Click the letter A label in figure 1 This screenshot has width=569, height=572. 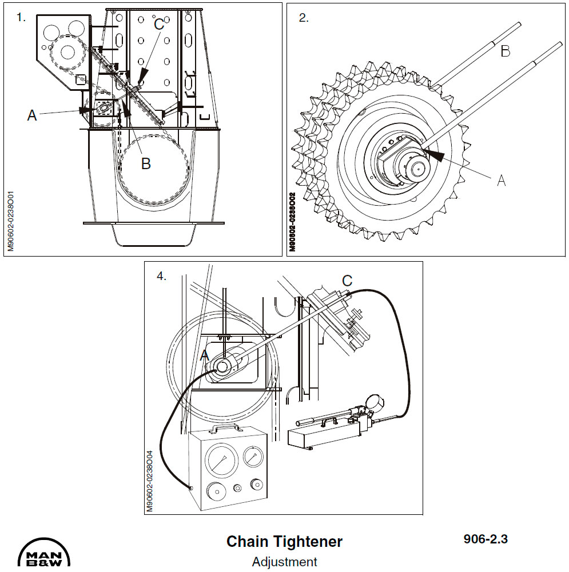click(x=32, y=115)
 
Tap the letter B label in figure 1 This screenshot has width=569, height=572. click(x=146, y=164)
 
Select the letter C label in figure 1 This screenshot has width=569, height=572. click(x=159, y=24)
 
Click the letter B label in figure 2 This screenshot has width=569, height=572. click(x=505, y=51)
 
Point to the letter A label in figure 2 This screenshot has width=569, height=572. click(x=502, y=181)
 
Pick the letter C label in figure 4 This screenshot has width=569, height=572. click(x=347, y=281)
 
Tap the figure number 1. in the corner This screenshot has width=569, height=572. click(x=21, y=17)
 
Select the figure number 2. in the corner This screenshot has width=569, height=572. click(x=304, y=18)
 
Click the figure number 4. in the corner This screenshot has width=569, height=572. click(x=162, y=276)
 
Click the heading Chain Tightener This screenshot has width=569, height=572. click(x=284, y=541)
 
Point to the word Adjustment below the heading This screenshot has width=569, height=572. click(x=284, y=562)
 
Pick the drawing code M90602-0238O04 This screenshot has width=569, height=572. click(x=150, y=481)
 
